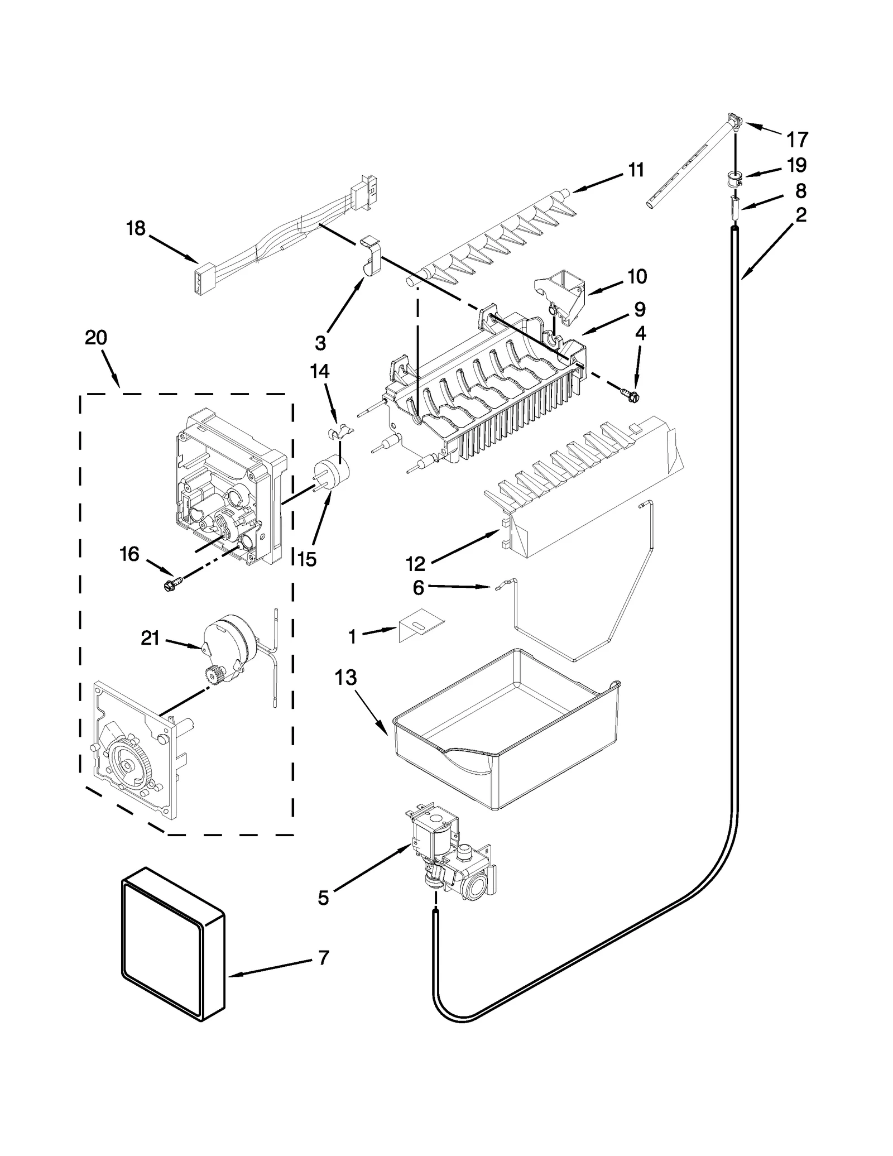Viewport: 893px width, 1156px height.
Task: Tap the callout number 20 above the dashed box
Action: pos(96,338)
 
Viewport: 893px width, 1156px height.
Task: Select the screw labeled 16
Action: pos(169,585)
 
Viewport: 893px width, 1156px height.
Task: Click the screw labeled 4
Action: pos(631,396)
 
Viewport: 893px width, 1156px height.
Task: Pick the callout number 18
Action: pos(136,228)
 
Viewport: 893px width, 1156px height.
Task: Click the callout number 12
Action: pos(416,564)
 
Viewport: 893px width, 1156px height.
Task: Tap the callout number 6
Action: pos(419,587)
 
